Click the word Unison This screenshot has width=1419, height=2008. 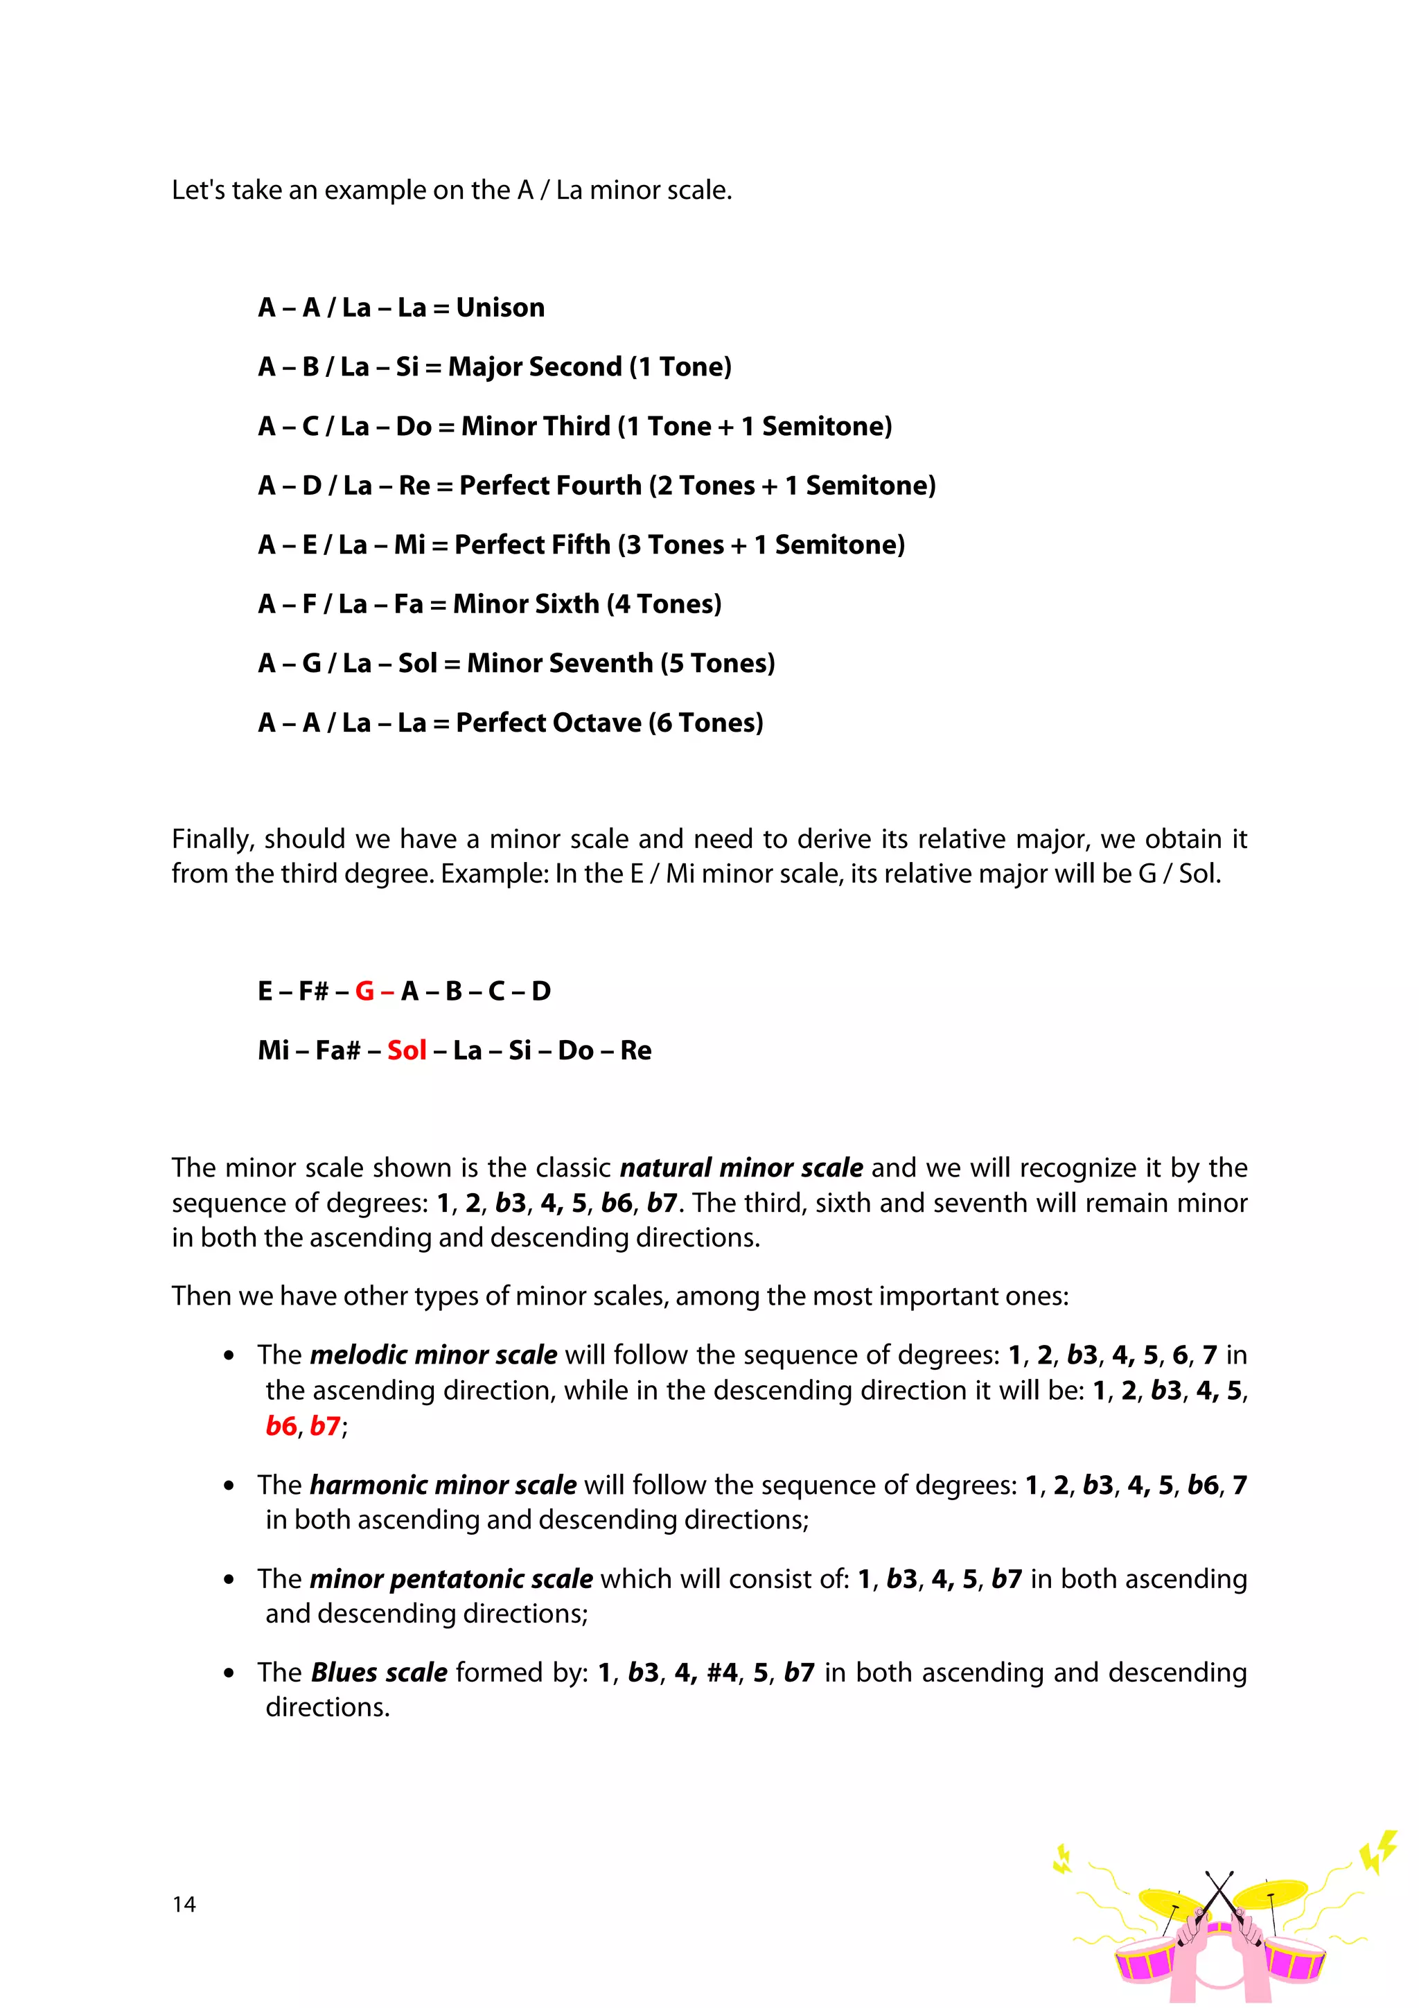[x=500, y=308]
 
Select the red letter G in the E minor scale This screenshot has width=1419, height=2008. [x=364, y=991]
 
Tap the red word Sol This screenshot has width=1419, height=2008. [x=407, y=1050]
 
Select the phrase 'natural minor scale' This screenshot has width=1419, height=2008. [x=741, y=1168]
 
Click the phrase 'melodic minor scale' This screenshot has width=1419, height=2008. [x=434, y=1355]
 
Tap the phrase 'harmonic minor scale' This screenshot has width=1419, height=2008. [x=443, y=1485]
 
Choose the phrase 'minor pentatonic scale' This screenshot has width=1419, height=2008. [x=451, y=1578]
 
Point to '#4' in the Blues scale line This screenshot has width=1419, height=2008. [x=722, y=1672]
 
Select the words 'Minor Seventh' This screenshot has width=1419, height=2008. [x=560, y=664]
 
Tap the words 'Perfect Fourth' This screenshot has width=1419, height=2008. [x=550, y=486]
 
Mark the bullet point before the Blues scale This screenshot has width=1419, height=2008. [x=229, y=1674]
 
